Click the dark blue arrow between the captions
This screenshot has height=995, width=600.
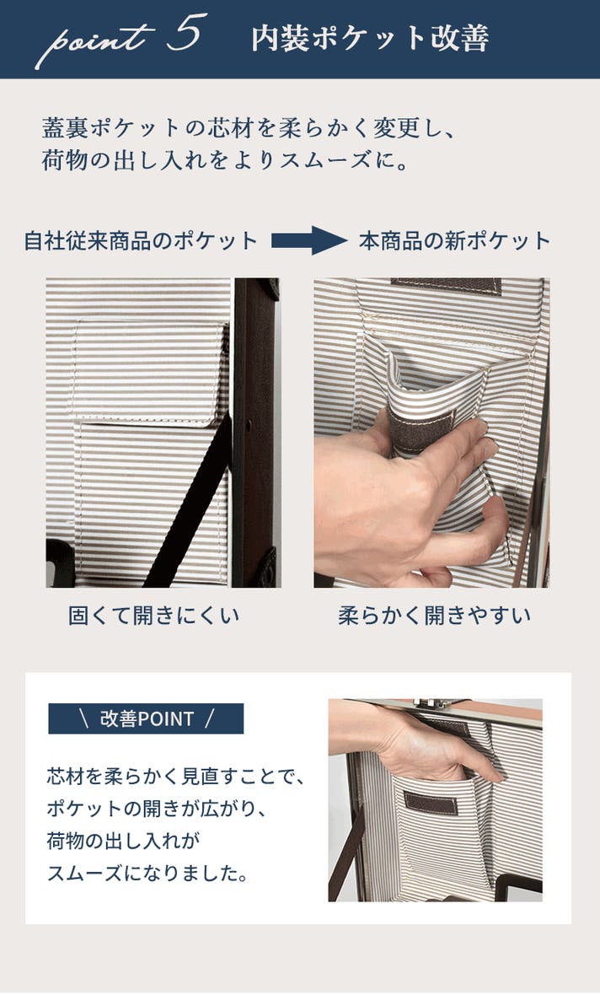(x=309, y=240)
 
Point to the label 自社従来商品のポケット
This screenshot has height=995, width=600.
(x=141, y=241)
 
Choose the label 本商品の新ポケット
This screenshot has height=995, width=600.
(x=455, y=241)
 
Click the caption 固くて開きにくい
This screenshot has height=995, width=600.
(x=153, y=615)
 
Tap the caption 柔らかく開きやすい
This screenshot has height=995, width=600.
(x=435, y=615)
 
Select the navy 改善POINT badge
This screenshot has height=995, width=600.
(x=146, y=718)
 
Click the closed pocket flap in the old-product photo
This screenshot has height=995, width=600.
(x=150, y=371)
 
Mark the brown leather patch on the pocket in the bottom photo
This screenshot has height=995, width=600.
(x=431, y=803)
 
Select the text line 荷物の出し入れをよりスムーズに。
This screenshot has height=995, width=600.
(x=225, y=160)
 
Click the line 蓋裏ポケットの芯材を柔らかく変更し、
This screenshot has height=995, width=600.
(x=248, y=128)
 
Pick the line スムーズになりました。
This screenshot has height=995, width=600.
(x=147, y=874)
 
